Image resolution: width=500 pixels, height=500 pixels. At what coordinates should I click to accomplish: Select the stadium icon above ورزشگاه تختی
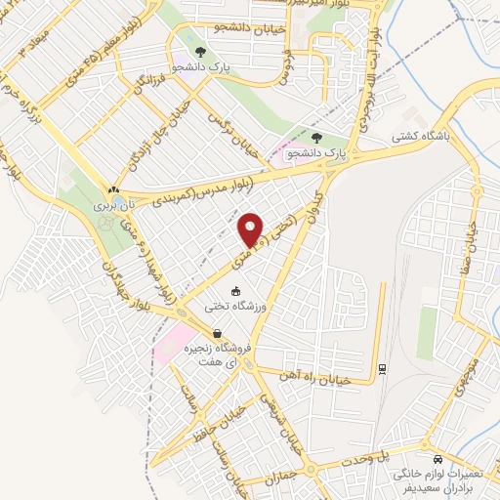235,291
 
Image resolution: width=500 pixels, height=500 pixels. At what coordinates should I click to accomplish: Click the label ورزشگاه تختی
234,306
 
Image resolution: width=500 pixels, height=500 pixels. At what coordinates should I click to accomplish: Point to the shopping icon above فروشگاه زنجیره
216,333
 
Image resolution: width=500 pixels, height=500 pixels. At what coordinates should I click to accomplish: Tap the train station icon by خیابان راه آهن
381,367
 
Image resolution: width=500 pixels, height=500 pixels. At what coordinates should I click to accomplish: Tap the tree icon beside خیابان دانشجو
200,52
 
